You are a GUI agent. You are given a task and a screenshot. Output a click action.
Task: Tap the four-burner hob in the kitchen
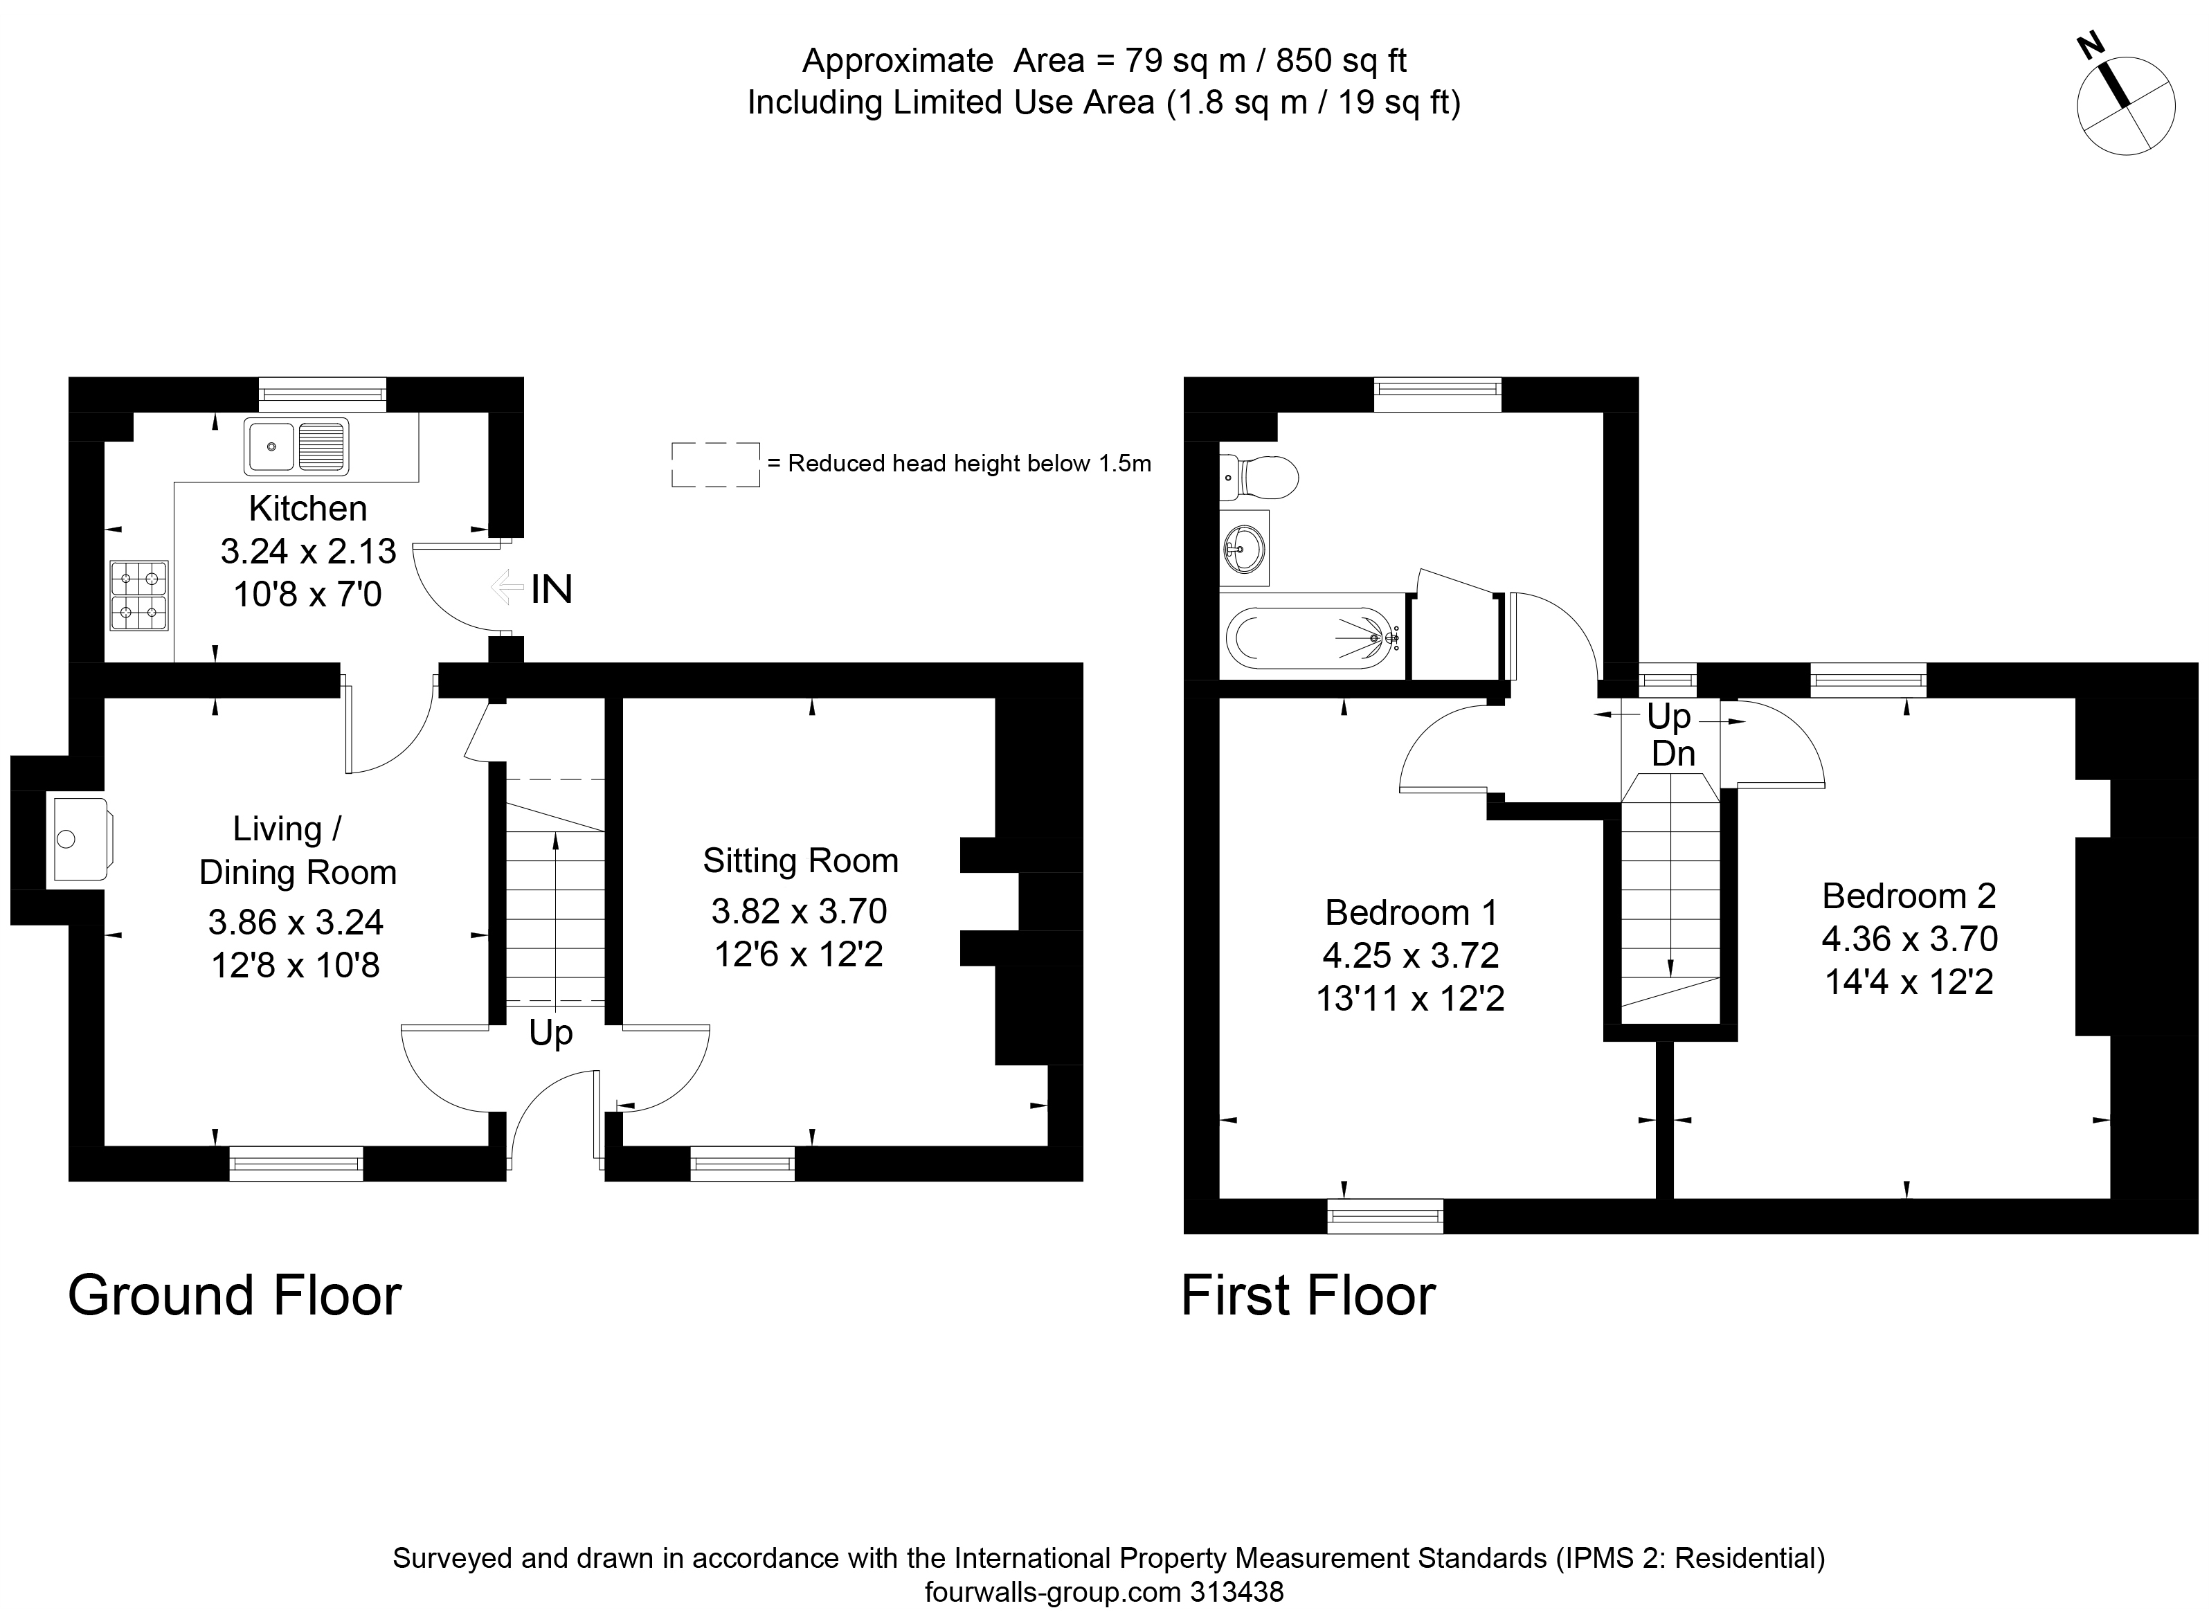[x=138, y=596]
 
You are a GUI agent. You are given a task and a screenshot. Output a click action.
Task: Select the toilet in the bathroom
[x=1261, y=478]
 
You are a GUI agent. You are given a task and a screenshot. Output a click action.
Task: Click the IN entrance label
[x=551, y=589]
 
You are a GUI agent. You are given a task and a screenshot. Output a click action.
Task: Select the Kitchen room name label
[x=307, y=508]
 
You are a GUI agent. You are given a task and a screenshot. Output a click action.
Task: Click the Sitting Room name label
[x=800, y=860]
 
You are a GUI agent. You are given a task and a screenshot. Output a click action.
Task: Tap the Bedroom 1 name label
[x=1410, y=912]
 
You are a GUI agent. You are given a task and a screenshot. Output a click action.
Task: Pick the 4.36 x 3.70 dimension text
[x=1909, y=939]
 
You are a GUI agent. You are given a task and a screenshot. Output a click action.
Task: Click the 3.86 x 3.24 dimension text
[x=296, y=921]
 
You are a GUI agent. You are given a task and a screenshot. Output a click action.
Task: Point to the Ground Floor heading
[x=235, y=1296]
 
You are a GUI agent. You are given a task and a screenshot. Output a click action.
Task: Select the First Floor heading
[x=1308, y=1296]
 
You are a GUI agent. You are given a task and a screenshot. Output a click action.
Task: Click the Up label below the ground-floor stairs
[x=550, y=1033]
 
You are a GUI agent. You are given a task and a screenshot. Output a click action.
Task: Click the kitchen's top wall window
[x=322, y=395]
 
